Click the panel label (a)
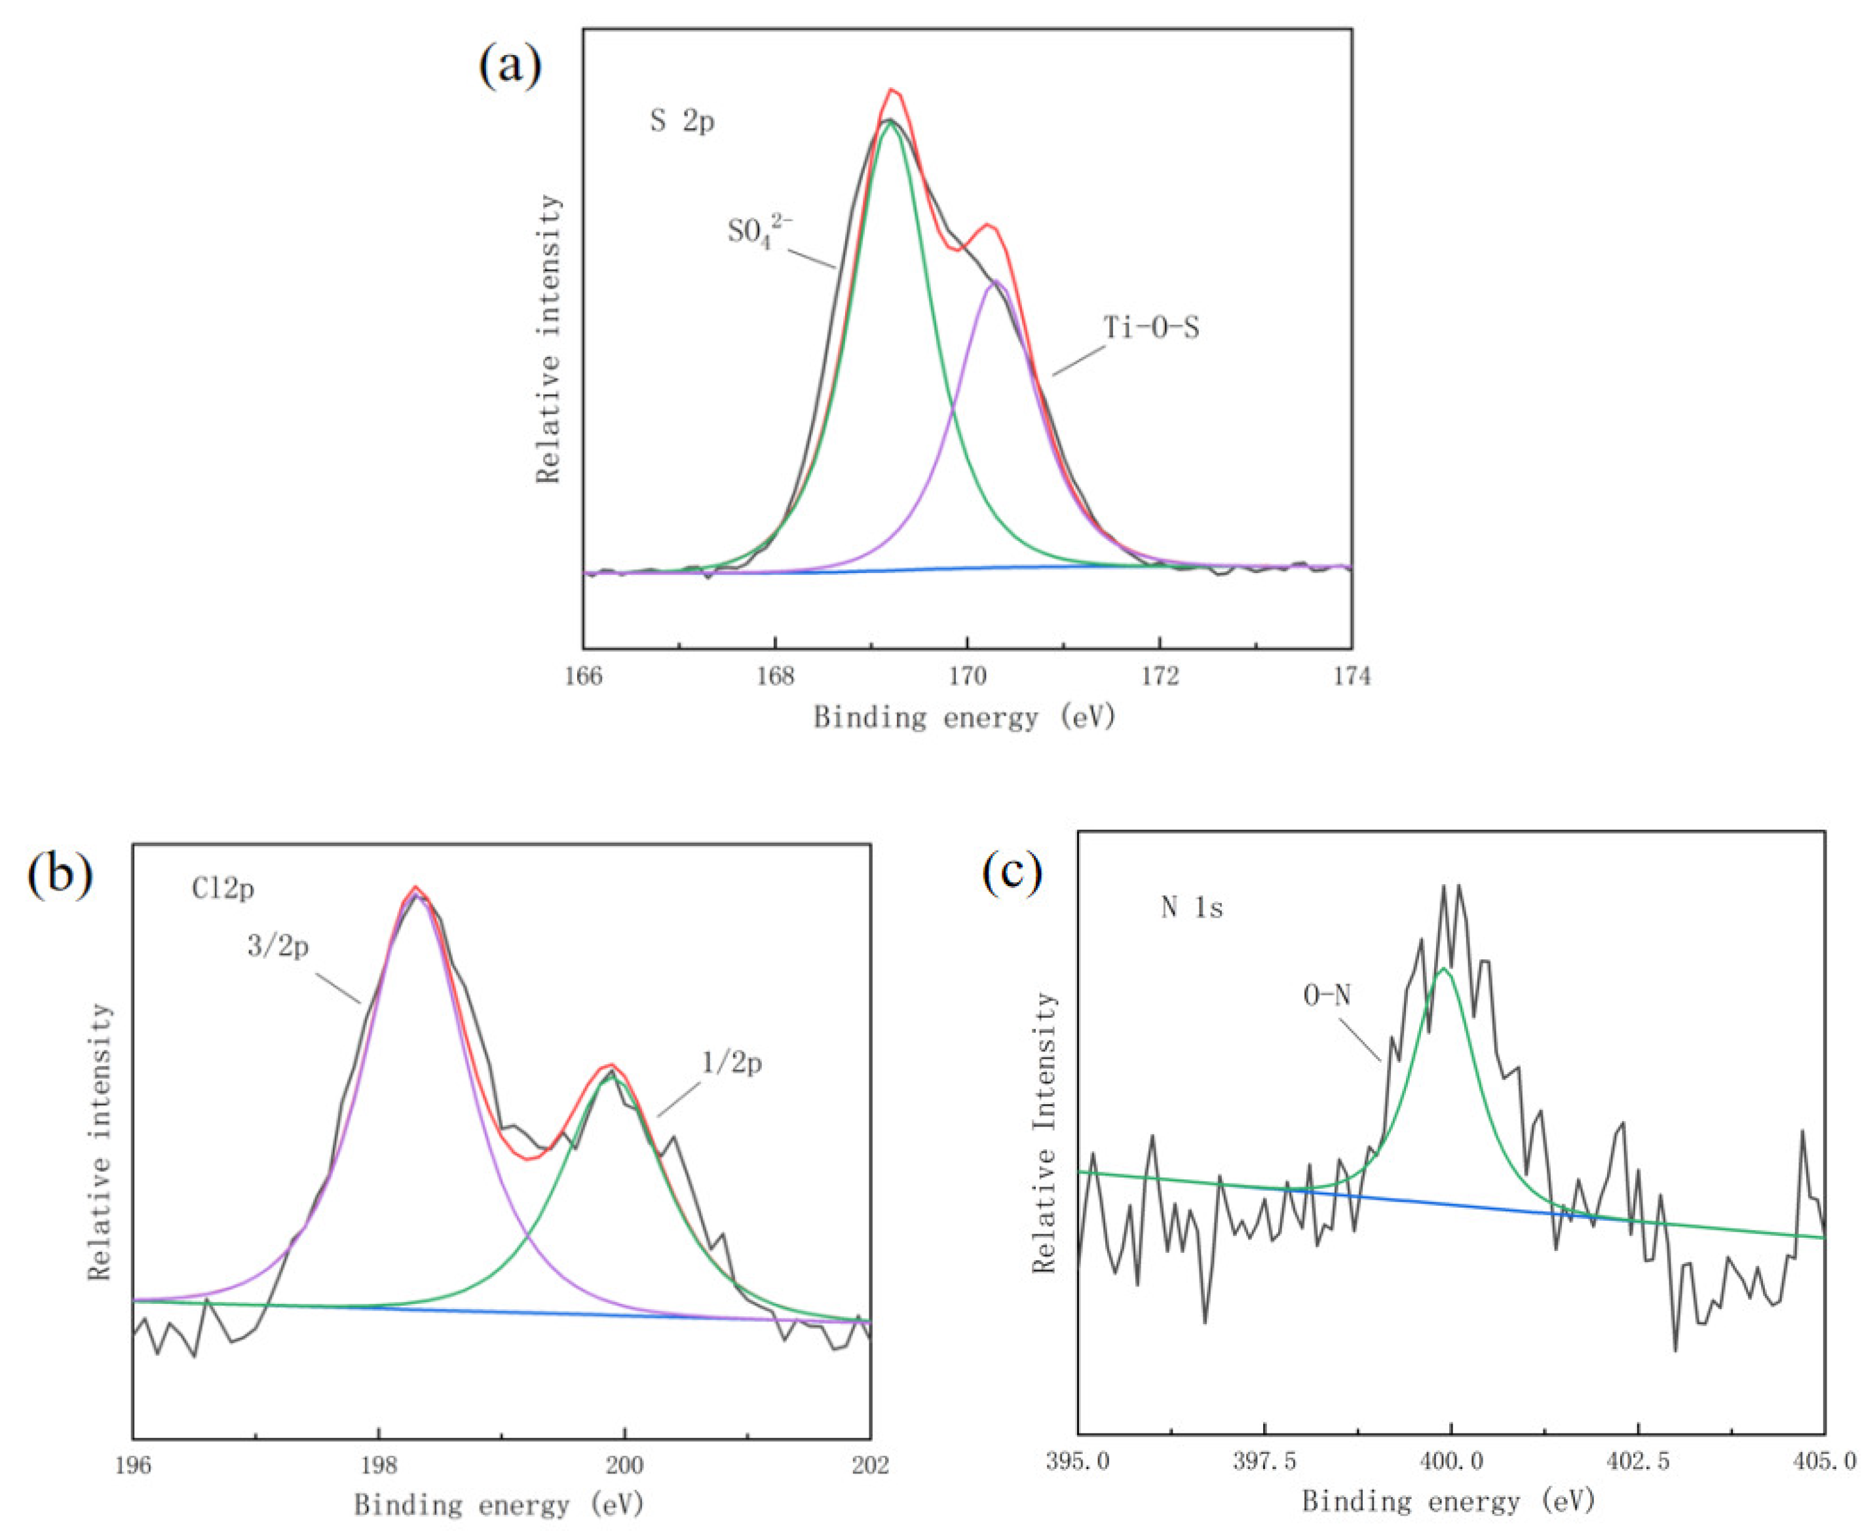point(510,65)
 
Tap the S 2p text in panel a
point(681,121)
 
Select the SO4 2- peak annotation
point(759,232)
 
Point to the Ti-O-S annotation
point(1150,328)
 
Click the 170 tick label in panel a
point(968,677)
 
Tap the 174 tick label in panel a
point(1351,677)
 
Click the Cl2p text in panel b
point(223,887)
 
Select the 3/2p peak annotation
point(278,947)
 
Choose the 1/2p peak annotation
point(732,1062)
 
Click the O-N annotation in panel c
point(1327,995)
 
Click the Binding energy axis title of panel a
point(964,716)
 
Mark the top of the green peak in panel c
point(1444,969)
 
